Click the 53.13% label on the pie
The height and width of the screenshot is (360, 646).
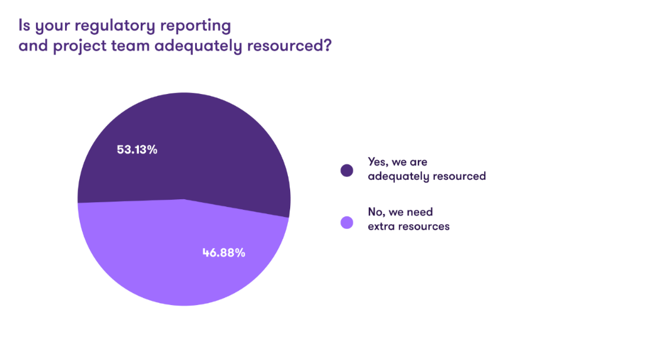pos(137,150)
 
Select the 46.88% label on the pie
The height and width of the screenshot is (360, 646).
pos(225,253)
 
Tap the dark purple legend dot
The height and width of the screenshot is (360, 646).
pos(347,170)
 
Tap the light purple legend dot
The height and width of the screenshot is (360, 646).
pos(347,222)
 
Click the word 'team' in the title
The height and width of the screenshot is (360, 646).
pos(129,47)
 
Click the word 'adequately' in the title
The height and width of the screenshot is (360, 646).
pos(198,47)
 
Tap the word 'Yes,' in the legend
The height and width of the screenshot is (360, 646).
pos(379,161)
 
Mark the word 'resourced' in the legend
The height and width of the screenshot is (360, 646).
pos(458,176)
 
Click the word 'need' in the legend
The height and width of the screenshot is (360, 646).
pos(421,212)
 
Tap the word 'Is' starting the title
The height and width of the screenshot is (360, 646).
pos(24,26)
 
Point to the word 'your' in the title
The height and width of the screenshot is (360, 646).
pos(50,27)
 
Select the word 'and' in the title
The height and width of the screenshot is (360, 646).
pos(33,47)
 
